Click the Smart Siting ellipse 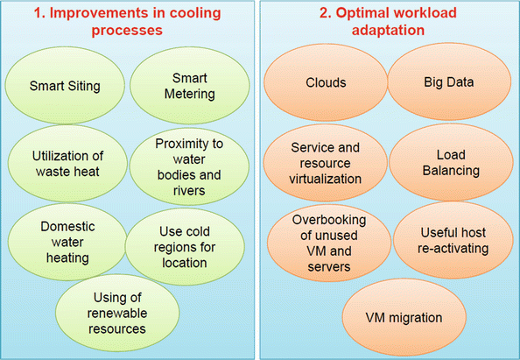point(65,86)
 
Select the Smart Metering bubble point(189,86)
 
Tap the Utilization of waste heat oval point(67,163)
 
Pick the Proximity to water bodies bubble point(189,166)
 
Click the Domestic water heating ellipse point(67,242)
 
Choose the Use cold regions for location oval point(185,246)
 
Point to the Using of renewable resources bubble point(117,313)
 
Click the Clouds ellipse point(326,82)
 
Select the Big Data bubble point(449,81)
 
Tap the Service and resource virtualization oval point(326,163)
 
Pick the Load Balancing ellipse point(451,163)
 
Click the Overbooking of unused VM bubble point(329,243)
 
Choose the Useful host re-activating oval point(453,240)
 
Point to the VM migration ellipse point(404,317)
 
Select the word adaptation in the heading point(388,30)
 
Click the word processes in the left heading point(127,30)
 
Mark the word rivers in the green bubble point(189,191)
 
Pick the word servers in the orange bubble point(329,267)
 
